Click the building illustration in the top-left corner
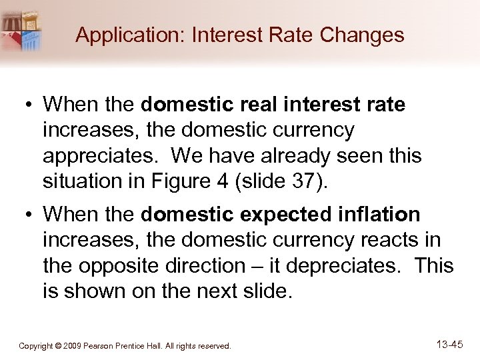coord(21,30)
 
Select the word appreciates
coord(101,156)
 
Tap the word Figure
coord(201,181)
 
